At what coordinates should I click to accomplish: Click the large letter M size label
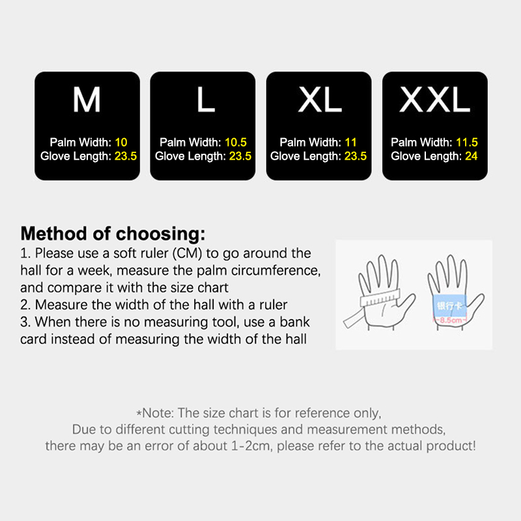click(87, 100)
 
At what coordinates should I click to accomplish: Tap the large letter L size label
click(206, 100)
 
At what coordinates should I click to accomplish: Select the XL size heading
click(320, 100)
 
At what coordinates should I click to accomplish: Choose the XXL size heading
click(434, 100)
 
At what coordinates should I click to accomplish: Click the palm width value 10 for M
click(121, 142)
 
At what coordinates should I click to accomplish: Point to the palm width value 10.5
click(236, 142)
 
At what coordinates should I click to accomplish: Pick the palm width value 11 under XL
click(350, 142)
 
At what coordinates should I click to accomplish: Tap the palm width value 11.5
click(466, 142)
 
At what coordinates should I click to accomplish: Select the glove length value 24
click(471, 156)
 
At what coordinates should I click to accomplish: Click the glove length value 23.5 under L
click(240, 156)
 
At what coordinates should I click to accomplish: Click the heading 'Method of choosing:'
click(113, 234)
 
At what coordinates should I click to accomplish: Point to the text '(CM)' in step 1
click(187, 253)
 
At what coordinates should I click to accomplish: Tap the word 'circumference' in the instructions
click(275, 271)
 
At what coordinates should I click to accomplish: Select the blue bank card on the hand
click(450, 305)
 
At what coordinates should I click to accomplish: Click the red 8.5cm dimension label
click(450, 320)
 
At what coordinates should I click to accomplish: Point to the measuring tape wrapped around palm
click(380, 298)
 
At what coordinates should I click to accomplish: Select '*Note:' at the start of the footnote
click(155, 413)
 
